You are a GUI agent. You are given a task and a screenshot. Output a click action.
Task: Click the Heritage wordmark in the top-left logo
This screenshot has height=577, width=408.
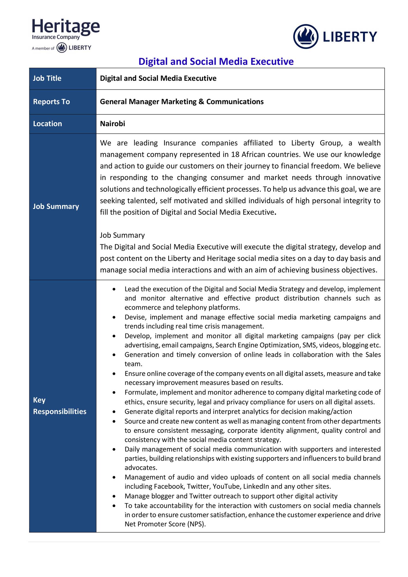(66, 26)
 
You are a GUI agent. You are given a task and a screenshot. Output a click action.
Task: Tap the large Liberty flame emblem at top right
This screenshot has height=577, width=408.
(305, 36)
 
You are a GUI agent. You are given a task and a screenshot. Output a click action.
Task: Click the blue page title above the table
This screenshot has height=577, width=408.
(216, 61)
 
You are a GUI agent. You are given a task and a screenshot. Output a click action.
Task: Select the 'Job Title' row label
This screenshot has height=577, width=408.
(47, 78)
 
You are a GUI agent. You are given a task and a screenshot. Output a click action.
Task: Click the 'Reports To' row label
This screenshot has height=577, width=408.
(51, 102)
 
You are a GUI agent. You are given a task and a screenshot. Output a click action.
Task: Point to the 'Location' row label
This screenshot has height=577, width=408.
(48, 124)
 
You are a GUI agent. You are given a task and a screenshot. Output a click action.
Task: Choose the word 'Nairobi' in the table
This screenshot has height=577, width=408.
(113, 124)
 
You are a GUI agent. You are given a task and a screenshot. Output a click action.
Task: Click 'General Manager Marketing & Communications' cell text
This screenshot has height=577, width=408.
(182, 102)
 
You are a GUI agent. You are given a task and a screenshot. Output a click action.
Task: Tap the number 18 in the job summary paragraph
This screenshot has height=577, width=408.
(235, 155)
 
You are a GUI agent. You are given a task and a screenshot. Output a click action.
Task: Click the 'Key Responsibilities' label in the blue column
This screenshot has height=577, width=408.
(60, 406)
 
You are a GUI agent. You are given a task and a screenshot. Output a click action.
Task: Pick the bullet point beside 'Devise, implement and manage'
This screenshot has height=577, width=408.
(114, 317)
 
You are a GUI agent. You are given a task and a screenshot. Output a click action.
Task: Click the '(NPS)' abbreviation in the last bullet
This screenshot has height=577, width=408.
(196, 524)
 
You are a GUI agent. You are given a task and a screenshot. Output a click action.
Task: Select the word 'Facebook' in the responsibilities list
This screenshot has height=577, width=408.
(169, 486)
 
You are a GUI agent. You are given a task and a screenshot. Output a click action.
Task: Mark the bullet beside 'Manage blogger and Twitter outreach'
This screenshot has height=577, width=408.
(114, 496)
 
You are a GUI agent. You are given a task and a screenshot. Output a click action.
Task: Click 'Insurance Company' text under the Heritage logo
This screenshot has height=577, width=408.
(56, 37)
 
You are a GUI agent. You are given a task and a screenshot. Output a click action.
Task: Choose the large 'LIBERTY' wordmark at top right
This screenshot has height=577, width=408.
(350, 37)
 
